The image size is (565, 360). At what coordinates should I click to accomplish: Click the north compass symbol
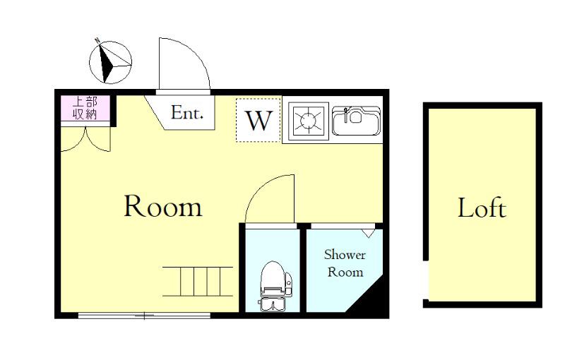click(110, 62)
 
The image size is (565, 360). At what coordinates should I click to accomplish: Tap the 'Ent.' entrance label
click(187, 112)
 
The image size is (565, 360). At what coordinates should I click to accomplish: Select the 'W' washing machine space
click(258, 120)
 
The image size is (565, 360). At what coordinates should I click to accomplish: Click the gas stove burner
click(309, 121)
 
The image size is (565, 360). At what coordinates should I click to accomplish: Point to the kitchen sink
click(356, 121)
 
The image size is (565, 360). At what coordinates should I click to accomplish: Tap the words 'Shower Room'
click(345, 263)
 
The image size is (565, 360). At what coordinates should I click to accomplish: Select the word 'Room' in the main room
click(163, 206)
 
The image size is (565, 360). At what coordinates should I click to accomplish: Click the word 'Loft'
click(482, 208)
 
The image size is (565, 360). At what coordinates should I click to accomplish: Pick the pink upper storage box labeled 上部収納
click(85, 108)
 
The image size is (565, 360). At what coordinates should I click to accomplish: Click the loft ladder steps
click(198, 282)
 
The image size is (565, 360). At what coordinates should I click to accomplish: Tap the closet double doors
click(85, 139)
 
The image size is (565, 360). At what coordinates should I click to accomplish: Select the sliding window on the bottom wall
click(144, 316)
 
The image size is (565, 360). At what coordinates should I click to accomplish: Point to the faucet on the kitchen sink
click(346, 114)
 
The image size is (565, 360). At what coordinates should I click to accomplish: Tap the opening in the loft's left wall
click(426, 280)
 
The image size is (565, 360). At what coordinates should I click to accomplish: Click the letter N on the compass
click(97, 40)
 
